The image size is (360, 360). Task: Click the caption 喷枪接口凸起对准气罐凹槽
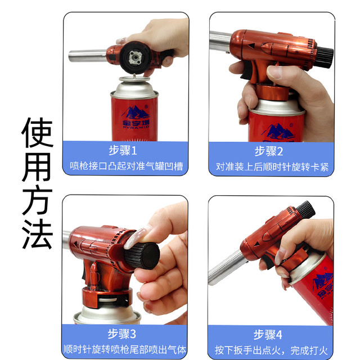click(x=125, y=166)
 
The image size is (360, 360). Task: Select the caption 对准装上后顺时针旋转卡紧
click(x=271, y=166)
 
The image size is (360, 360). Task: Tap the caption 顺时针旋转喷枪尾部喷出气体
click(x=125, y=349)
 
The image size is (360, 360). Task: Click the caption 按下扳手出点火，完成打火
click(x=271, y=349)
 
